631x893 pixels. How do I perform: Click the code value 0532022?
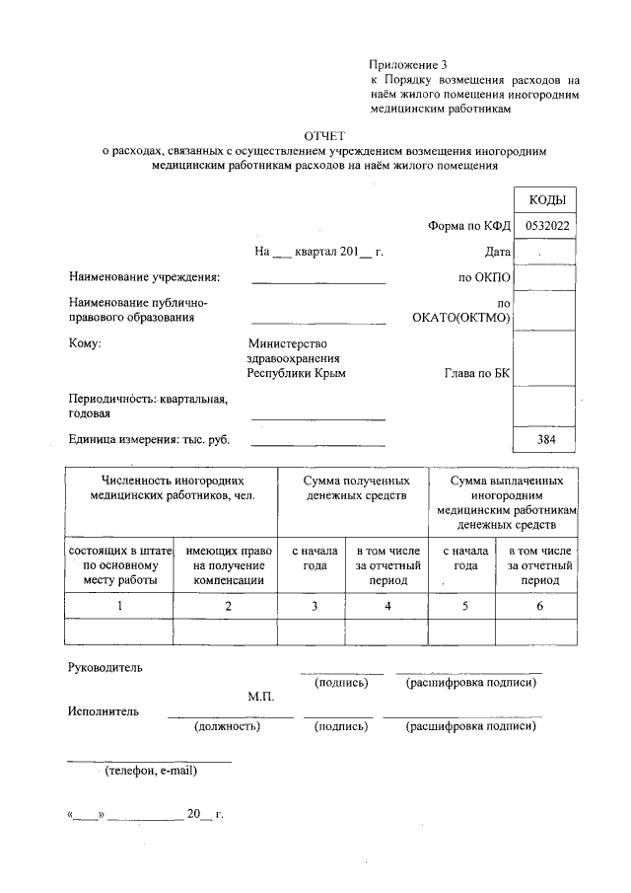coord(546,226)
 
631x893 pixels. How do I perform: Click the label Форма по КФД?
coord(468,226)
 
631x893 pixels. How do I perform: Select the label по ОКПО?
coord(483,277)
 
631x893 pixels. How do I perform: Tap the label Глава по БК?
coord(478,374)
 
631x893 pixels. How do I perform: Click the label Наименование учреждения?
coord(145,277)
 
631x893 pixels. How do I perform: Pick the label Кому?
coord(85,344)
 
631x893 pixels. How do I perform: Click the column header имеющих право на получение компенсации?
coord(227,564)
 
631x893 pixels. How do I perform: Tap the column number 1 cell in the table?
coord(119,606)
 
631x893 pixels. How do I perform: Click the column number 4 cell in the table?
coord(387,606)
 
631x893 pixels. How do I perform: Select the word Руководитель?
coord(105,667)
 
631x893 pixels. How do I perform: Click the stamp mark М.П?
coord(260,697)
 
